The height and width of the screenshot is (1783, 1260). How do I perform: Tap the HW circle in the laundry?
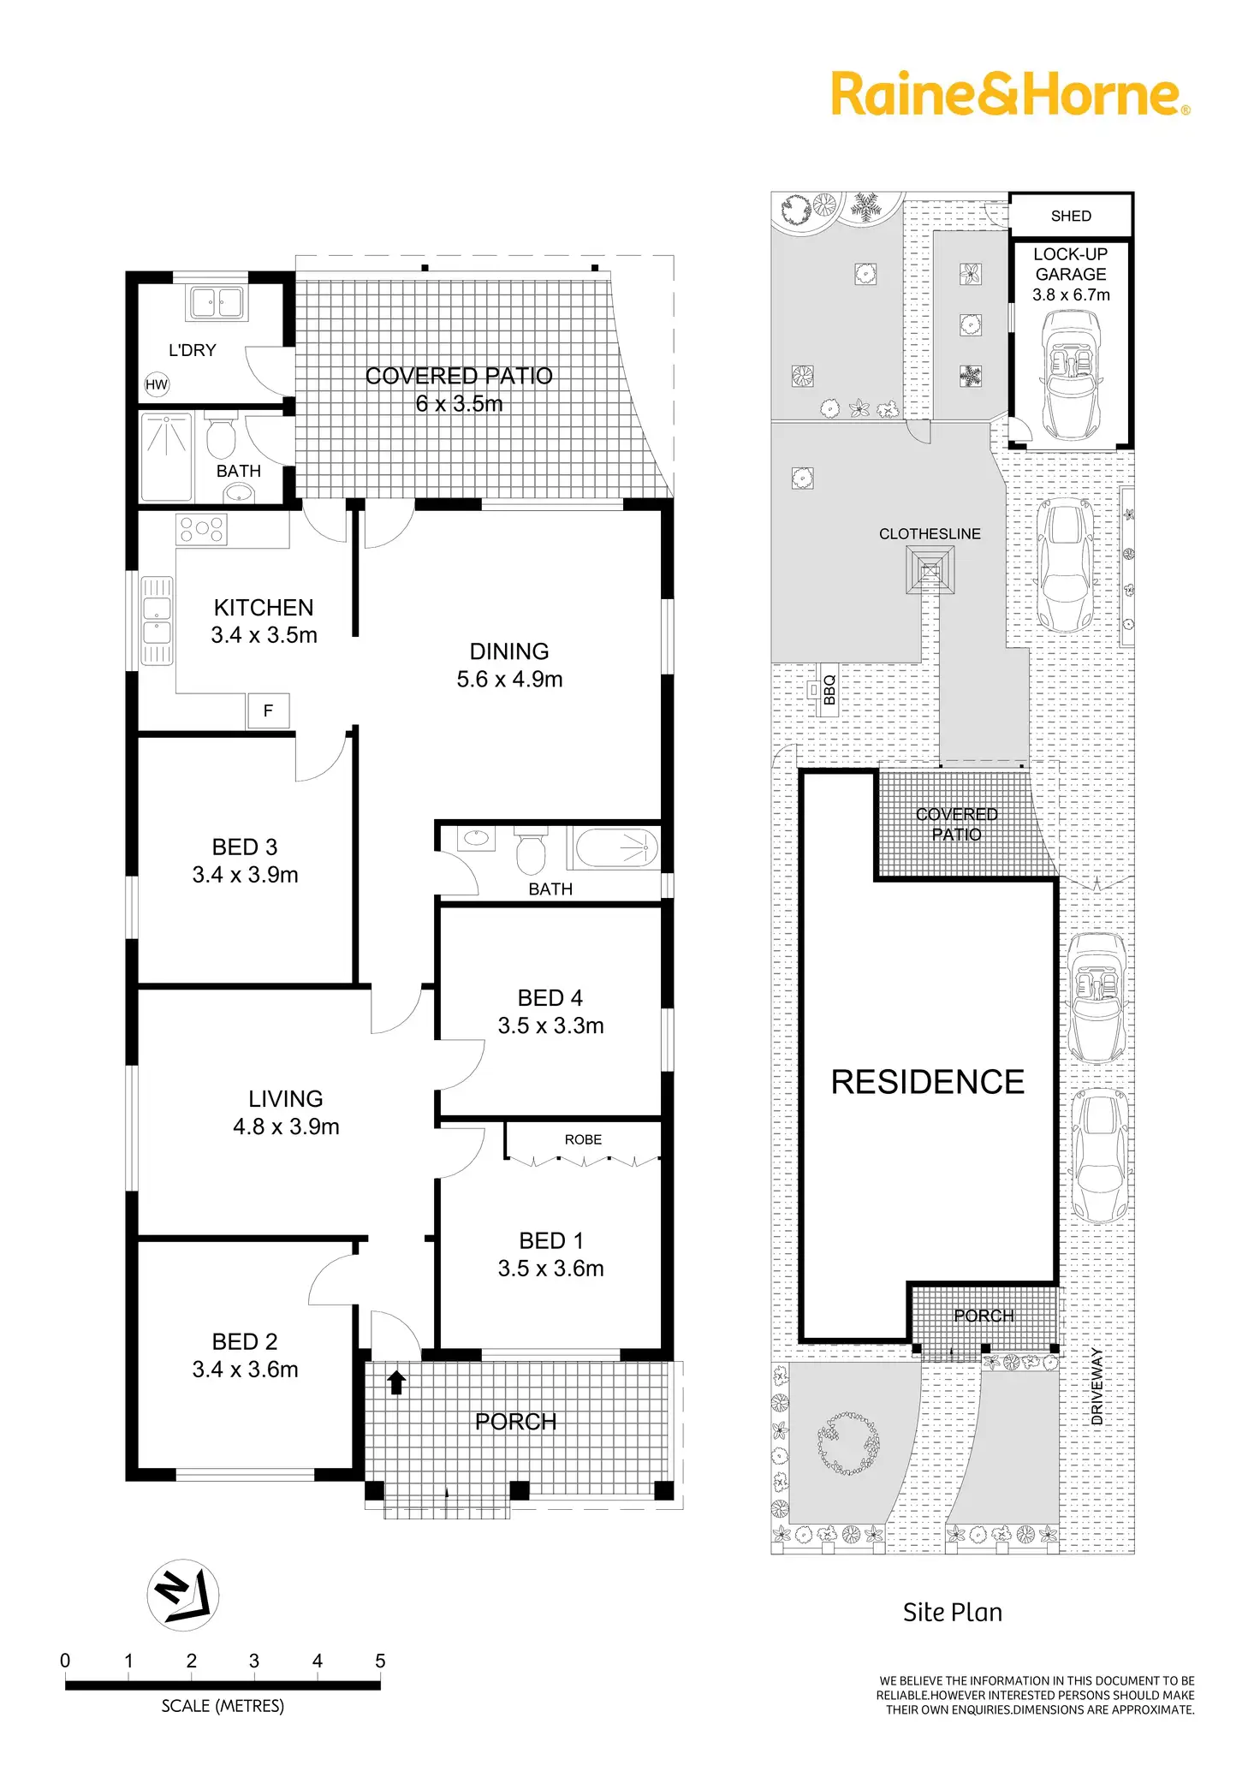157,384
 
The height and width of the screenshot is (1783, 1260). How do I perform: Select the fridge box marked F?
269,710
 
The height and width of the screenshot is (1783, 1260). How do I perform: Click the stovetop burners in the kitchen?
202,529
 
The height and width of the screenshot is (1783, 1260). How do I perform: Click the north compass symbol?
183,1595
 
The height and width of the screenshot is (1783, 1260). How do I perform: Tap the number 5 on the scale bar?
380,1661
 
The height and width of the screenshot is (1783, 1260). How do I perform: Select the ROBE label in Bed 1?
583,1139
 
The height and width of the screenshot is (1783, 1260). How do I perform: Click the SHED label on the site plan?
1071,216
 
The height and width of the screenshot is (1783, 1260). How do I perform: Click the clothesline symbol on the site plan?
930,570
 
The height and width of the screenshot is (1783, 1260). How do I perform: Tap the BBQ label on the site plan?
829,690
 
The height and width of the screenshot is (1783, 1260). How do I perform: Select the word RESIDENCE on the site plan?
927,1082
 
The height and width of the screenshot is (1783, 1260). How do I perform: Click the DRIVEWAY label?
1097,1386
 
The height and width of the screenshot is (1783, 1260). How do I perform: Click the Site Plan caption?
952,1613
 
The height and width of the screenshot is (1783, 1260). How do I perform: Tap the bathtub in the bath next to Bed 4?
617,848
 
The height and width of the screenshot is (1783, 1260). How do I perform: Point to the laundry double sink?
217,302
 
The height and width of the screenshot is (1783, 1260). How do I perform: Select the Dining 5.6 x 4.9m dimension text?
509,680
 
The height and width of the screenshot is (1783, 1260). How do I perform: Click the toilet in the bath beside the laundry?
221,437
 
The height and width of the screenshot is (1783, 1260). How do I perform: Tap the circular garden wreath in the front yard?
847,1443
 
